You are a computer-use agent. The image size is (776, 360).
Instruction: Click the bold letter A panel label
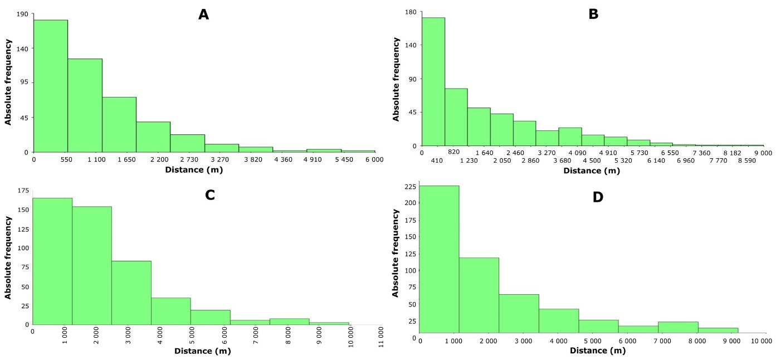tap(204, 14)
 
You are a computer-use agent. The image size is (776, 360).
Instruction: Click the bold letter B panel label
tap(593, 14)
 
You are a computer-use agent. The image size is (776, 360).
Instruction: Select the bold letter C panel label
tap(211, 195)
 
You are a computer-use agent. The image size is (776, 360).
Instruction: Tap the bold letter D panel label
tap(598, 197)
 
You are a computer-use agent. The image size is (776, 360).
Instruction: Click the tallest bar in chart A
tap(51, 86)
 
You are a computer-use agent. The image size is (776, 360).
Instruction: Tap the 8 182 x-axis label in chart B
tap(732, 152)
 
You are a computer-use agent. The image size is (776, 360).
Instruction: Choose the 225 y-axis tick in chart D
tap(409, 187)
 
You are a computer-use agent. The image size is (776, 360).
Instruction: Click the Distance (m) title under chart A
tap(194, 169)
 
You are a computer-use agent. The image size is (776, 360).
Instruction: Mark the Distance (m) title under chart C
tap(202, 351)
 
